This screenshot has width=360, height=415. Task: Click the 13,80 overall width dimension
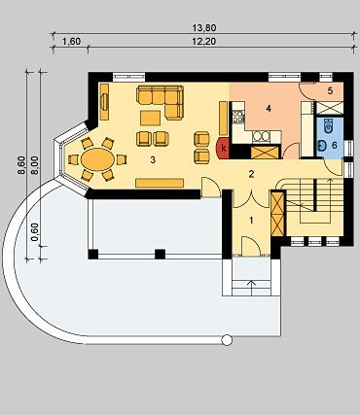tap(204, 28)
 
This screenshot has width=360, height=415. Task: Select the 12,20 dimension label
tap(204, 42)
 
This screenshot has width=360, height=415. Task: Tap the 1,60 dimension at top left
tap(71, 42)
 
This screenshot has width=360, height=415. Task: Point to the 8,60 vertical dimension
tap(21, 165)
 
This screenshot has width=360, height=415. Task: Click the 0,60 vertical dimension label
tap(35, 232)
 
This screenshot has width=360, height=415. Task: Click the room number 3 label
tap(153, 159)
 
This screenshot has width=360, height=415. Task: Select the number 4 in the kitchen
tap(269, 109)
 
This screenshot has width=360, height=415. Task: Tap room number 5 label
tap(330, 90)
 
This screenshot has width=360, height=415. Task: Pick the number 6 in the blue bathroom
tap(335, 145)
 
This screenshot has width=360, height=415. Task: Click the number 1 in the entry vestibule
tap(251, 221)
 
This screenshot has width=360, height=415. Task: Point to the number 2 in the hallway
tap(251, 174)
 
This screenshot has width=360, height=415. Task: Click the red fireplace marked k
tap(223, 149)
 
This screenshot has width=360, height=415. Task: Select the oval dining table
tap(97, 158)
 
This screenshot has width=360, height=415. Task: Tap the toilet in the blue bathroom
tap(328, 124)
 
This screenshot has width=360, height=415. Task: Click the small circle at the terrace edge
tap(227, 340)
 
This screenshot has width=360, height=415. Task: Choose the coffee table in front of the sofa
tap(150, 118)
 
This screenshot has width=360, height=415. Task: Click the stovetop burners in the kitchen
tap(238, 117)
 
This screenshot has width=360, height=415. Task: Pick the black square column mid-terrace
tap(160, 254)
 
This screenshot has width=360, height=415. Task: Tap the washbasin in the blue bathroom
tap(322, 146)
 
